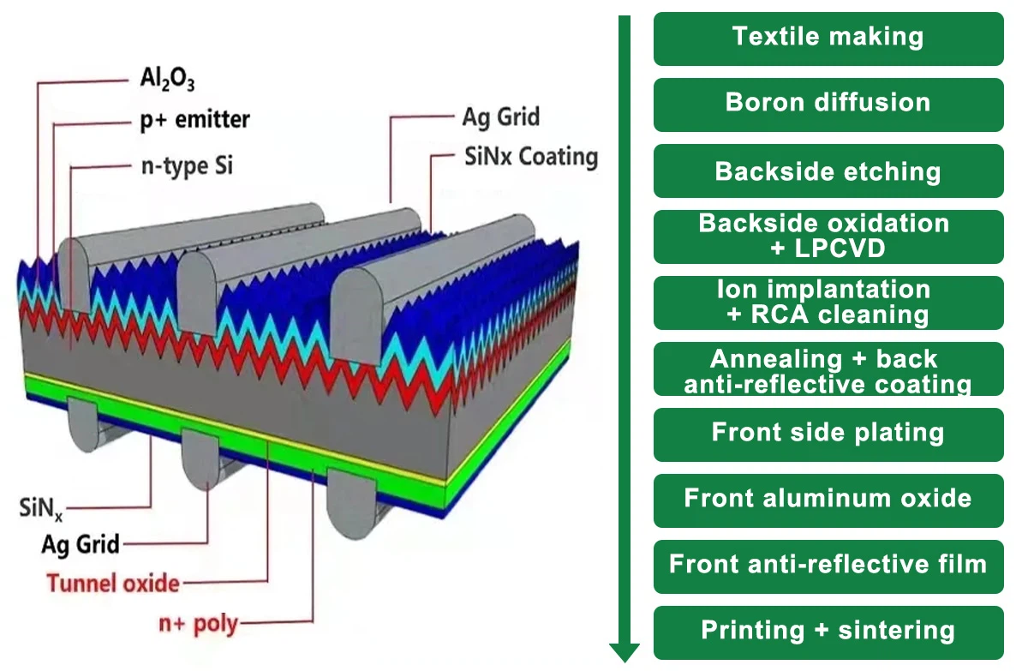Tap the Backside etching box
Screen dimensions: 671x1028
828,171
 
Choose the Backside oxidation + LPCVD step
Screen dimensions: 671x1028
828,237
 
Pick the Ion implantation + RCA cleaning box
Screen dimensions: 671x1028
828,303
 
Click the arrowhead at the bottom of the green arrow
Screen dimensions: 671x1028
625,652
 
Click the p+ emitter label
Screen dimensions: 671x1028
194,120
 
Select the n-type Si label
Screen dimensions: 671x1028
186,165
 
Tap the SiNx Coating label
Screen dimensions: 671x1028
530,157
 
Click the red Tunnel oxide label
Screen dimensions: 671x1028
113,584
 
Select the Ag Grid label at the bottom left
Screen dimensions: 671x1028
81,543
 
